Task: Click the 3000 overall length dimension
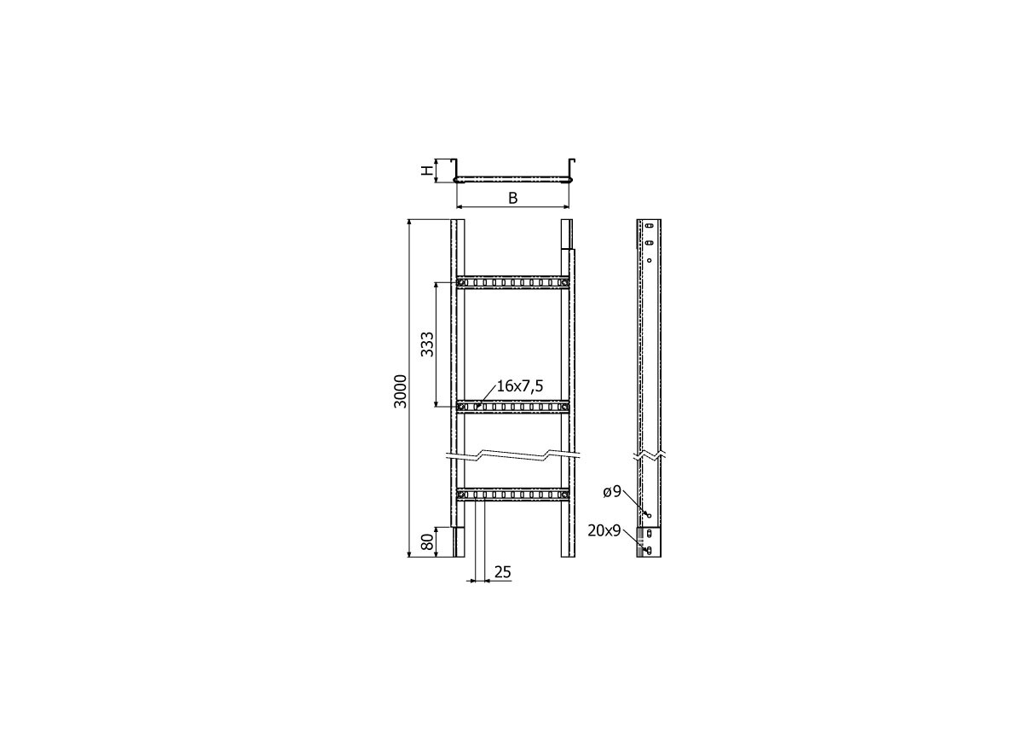tap(400, 391)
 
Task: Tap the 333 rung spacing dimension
tap(427, 344)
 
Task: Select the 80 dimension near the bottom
tap(427, 541)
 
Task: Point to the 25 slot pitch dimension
tap(502, 572)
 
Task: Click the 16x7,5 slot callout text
tap(520, 386)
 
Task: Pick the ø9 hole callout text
tap(612, 492)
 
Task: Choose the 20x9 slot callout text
tap(604, 530)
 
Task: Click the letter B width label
tap(513, 199)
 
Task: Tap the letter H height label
tap(426, 171)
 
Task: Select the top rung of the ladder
tap(512, 282)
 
